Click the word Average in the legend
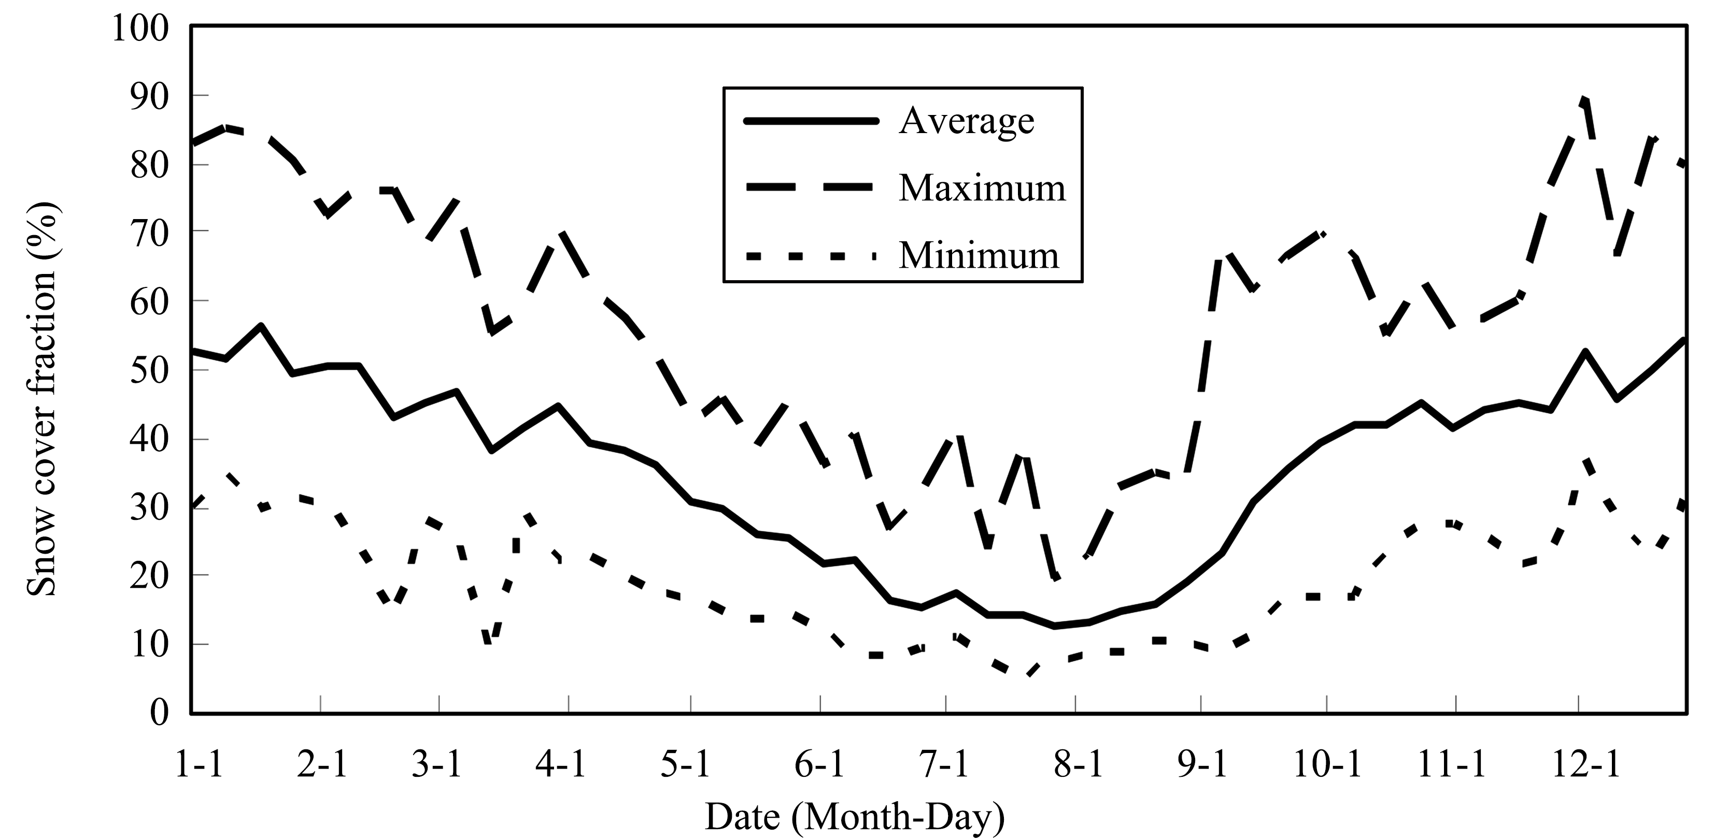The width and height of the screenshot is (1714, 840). (x=966, y=121)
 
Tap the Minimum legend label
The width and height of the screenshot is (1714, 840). (x=978, y=255)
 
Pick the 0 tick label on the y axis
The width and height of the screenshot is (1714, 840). (x=160, y=713)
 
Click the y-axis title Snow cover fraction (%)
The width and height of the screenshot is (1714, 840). (x=41, y=399)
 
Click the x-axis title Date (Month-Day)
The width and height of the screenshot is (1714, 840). (x=854, y=817)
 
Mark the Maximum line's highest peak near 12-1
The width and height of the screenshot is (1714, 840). (x=1585, y=100)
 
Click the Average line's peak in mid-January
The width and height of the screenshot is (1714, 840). (x=261, y=325)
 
